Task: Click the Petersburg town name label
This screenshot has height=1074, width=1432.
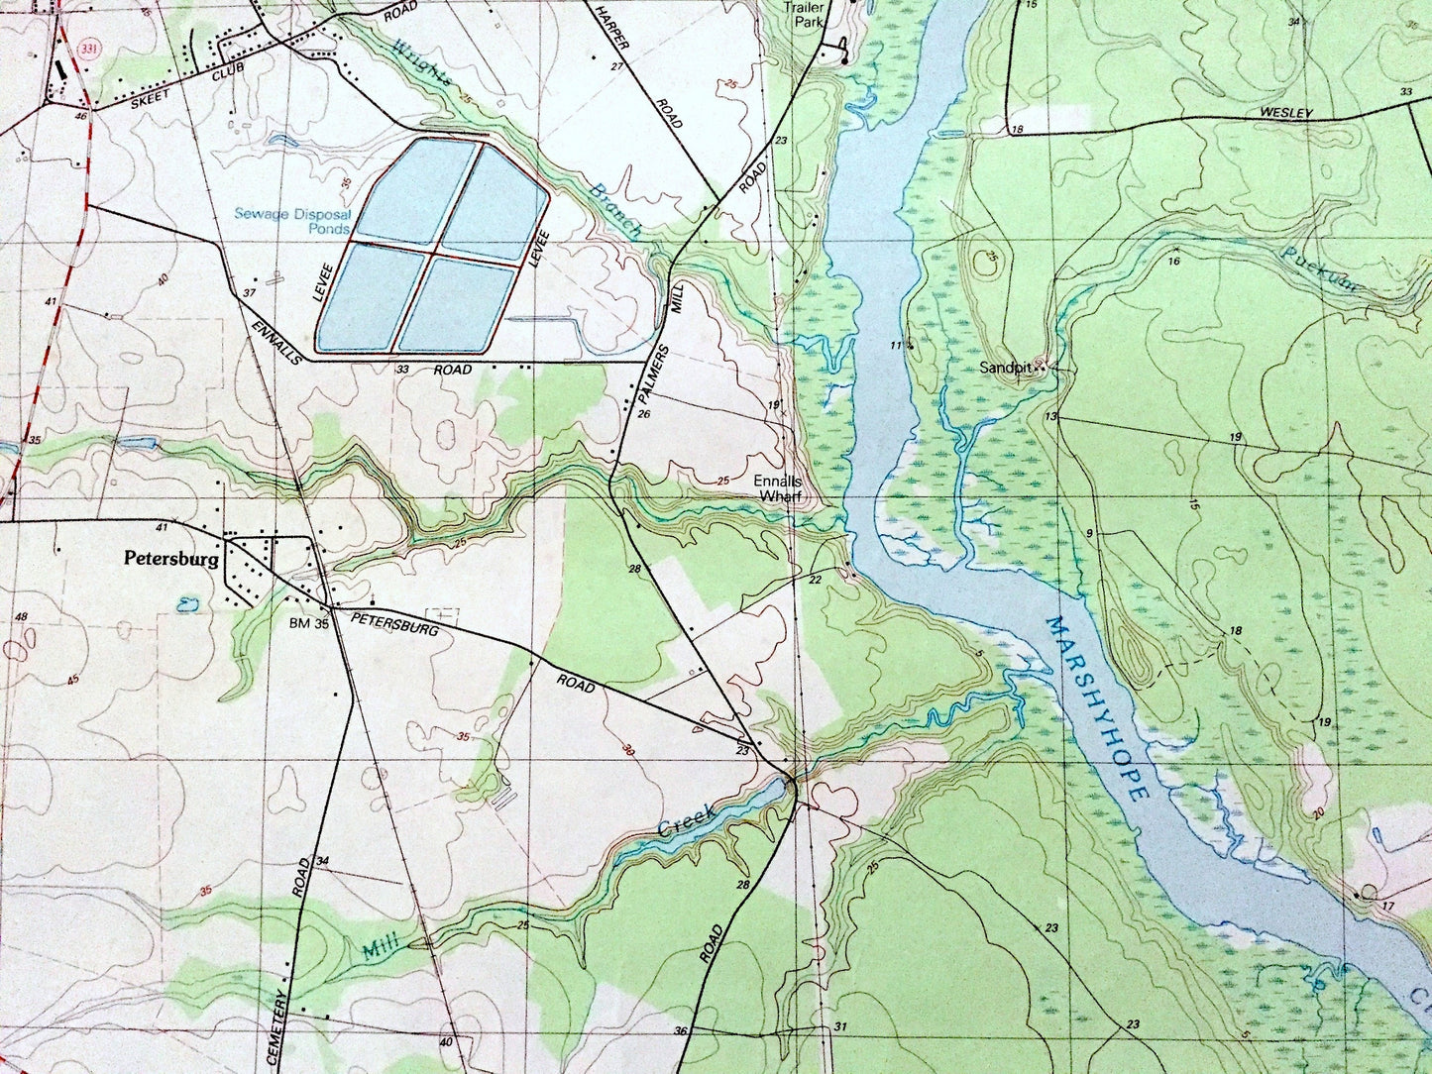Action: click(x=171, y=559)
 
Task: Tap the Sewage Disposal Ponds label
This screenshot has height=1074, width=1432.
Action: click(x=292, y=221)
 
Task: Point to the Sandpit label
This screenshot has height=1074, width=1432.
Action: click(x=1006, y=368)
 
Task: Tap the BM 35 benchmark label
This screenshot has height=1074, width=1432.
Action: click(x=308, y=624)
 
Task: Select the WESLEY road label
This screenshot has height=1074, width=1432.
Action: click(x=1286, y=114)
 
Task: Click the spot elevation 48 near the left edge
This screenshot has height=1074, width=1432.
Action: click(x=20, y=617)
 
